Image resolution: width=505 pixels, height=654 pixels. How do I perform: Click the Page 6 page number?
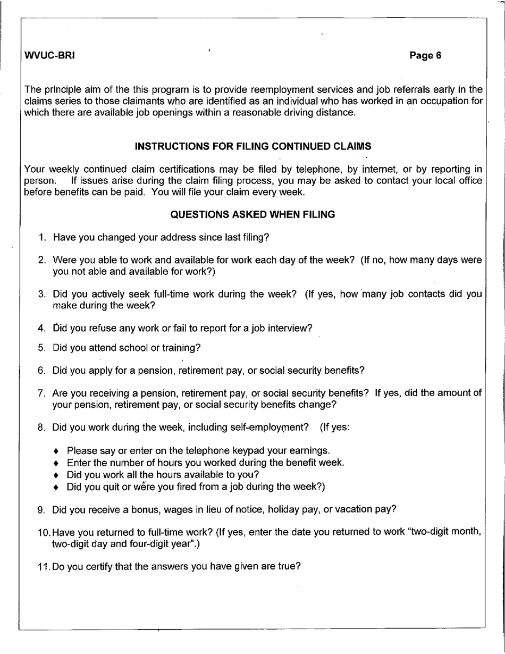pos(426,56)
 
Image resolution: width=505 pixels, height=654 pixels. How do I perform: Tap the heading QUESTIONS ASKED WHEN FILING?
pos(253,215)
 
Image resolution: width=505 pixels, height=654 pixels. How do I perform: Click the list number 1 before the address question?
pos(42,238)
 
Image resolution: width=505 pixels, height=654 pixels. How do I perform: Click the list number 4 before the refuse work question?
pos(41,329)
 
